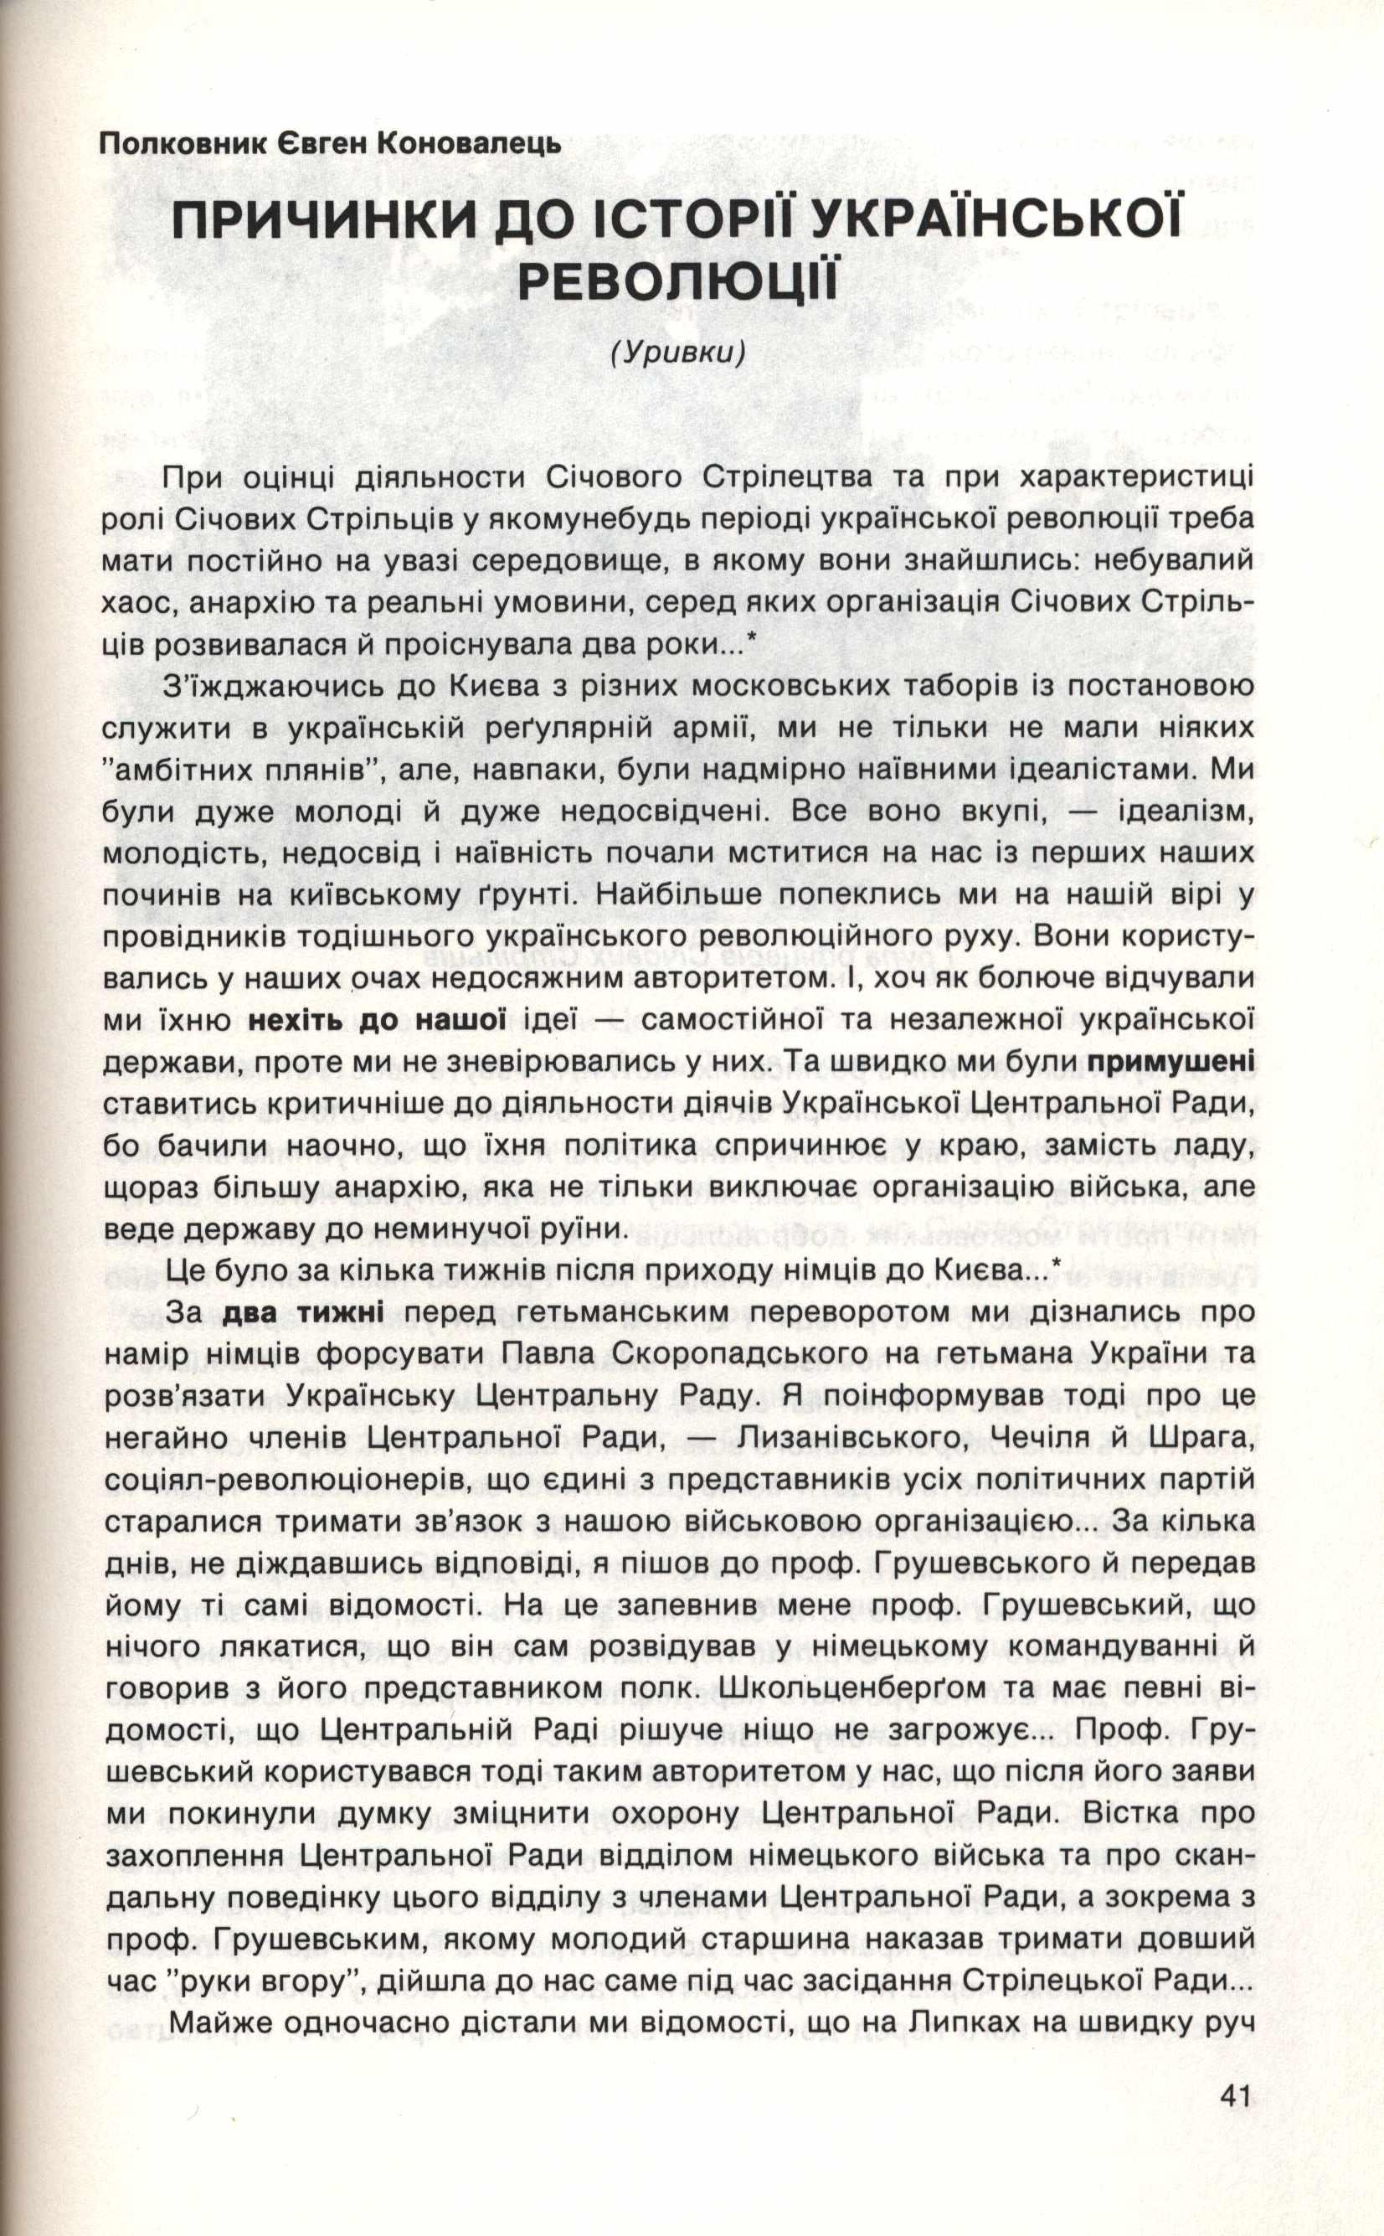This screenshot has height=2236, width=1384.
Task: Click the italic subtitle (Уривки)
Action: [x=677, y=353]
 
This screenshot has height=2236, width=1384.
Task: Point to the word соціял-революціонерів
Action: [x=278, y=1481]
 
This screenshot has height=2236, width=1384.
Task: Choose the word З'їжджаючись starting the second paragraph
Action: [x=270, y=686]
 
